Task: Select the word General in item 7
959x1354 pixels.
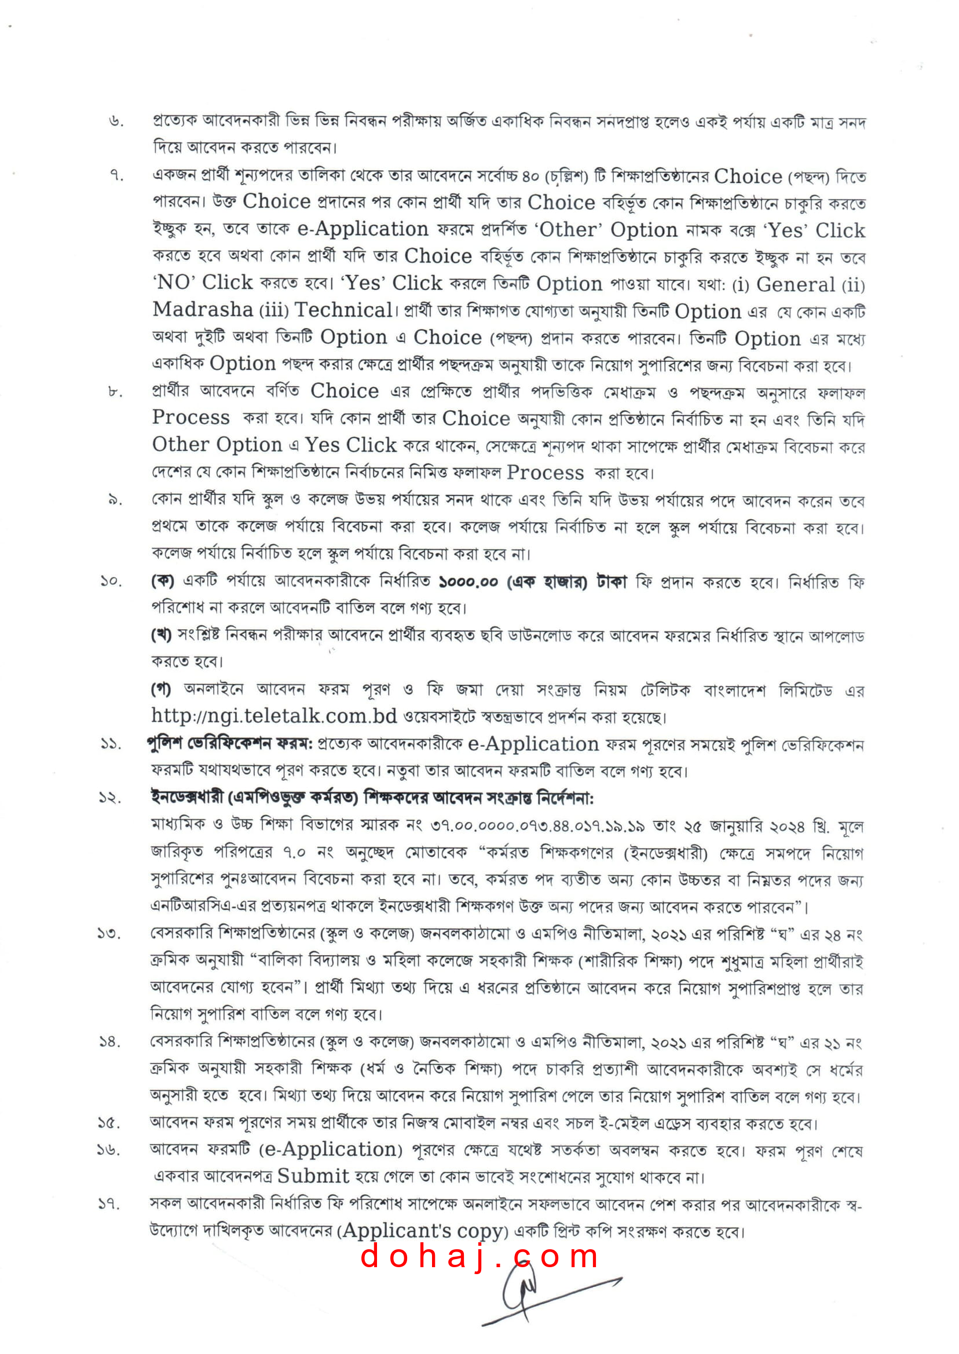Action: [x=796, y=285]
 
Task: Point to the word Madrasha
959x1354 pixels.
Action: [x=203, y=310]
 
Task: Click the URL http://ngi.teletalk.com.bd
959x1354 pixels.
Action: [x=274, y=716]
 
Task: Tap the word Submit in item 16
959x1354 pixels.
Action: [x=313, y=1176]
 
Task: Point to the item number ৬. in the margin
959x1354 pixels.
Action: [x=116, y=122]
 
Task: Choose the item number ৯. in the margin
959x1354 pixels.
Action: [x=115, y=501]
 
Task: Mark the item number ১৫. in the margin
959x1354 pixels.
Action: [x=109, y=1123]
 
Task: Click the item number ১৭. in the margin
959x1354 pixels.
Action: [x=109, y=1205]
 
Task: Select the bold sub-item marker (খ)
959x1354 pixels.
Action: [x=161, y=635]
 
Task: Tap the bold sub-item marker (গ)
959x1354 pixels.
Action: [x=161, y=689]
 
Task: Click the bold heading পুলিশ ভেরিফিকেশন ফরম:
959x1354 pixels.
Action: [x=230, y=744]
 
